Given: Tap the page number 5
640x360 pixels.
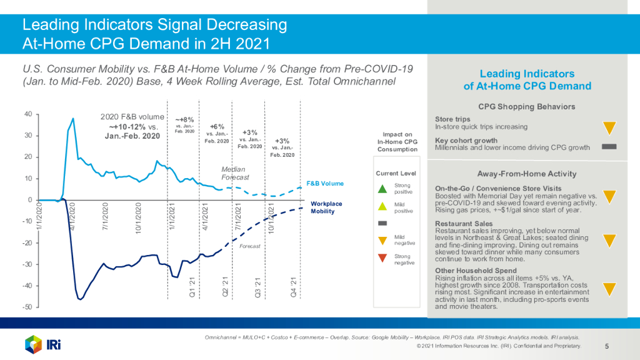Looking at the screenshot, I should pyautogui.click(x=607, y=346).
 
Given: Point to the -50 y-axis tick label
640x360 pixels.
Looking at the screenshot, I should pyautogui.click(x=27, y=307).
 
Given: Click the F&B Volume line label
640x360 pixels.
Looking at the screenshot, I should pyautogui.click(x=325, y=183).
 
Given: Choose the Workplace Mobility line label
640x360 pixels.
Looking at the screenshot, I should pyautogui.click(x=326, y=207).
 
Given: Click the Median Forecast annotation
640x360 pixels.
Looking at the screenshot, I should pyautogui.click(x=235, y=173).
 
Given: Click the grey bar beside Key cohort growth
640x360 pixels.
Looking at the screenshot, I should pyautogui.click(x=609, y=147).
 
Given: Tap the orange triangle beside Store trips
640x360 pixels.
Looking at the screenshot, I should pyautogui.click(x=609, y=127).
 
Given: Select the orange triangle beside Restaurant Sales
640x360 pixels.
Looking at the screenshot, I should pyautogui.click(x=609, y=241).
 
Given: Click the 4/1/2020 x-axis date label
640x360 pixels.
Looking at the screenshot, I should pyautogui.click(x=72, y=216).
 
